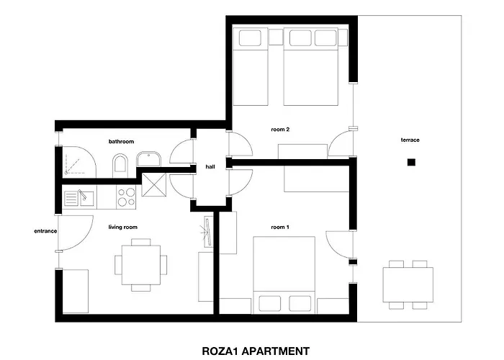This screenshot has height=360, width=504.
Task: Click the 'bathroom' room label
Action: (121, 142)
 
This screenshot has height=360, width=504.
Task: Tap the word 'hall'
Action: (210, 166)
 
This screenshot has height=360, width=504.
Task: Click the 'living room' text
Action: (122, 228)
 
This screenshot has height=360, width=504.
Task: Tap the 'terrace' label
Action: (410, 140)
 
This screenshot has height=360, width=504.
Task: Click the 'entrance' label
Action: (45, 232)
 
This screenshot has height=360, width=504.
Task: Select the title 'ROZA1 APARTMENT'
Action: (256, 351)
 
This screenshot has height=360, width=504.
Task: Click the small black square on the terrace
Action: (410, 163)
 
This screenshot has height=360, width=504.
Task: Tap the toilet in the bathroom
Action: (120, 165)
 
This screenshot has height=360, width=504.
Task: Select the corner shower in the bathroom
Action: (77, 162)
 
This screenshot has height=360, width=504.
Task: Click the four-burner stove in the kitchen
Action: (126, 197)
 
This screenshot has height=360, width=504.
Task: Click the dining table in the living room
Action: (140, 264)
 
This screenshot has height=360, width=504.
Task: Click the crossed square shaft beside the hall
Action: (154, 185)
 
